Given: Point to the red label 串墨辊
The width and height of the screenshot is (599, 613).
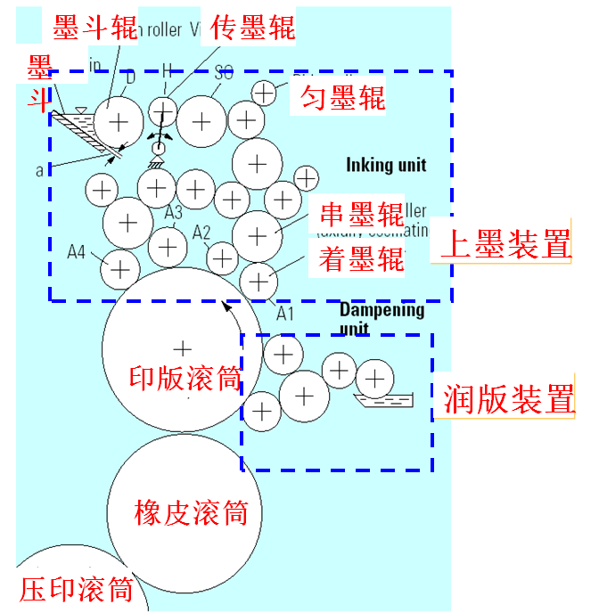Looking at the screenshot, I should click(361, 215).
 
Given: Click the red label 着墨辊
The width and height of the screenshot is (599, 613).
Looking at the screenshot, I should click(361, 258).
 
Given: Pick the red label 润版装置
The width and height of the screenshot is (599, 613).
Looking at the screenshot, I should click(509, 399).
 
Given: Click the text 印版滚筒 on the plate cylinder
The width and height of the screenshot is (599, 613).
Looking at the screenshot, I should click(185, 380).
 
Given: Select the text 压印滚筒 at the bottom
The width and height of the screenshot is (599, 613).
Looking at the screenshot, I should click(76, 589).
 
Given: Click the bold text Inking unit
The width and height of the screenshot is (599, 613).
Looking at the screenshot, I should click(386, 164).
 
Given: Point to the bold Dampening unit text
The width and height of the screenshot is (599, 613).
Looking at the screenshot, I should click(382, 318).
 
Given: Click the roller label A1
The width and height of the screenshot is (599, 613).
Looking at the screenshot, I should click(284, 314).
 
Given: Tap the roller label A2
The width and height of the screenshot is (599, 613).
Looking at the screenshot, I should click(202, 233).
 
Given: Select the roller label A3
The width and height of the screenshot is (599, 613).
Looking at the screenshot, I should click(174, 212).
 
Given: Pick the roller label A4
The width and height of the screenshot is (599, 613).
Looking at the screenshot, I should click(77, 253).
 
